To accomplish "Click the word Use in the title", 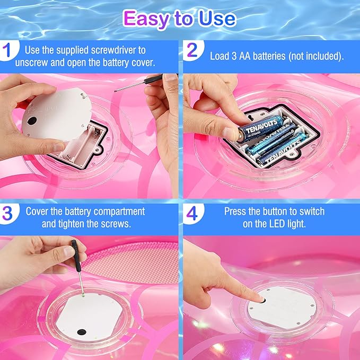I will (215, 19).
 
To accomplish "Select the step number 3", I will (7, 212).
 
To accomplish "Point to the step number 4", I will (191, 212).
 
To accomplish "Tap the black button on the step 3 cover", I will (82, 332).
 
